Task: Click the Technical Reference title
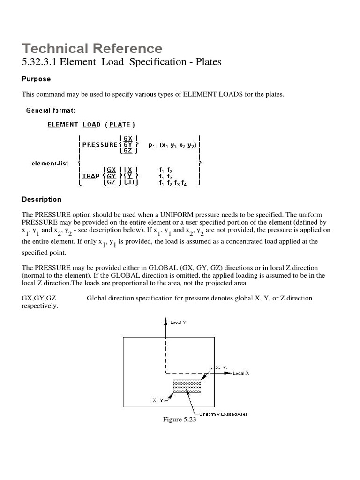92,48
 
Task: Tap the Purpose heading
36,79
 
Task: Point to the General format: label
51,110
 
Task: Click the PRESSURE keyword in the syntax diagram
100,145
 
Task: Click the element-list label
50,163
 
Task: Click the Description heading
41,199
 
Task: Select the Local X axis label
241,373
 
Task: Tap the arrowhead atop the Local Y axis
165,321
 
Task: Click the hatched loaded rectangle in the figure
187,386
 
